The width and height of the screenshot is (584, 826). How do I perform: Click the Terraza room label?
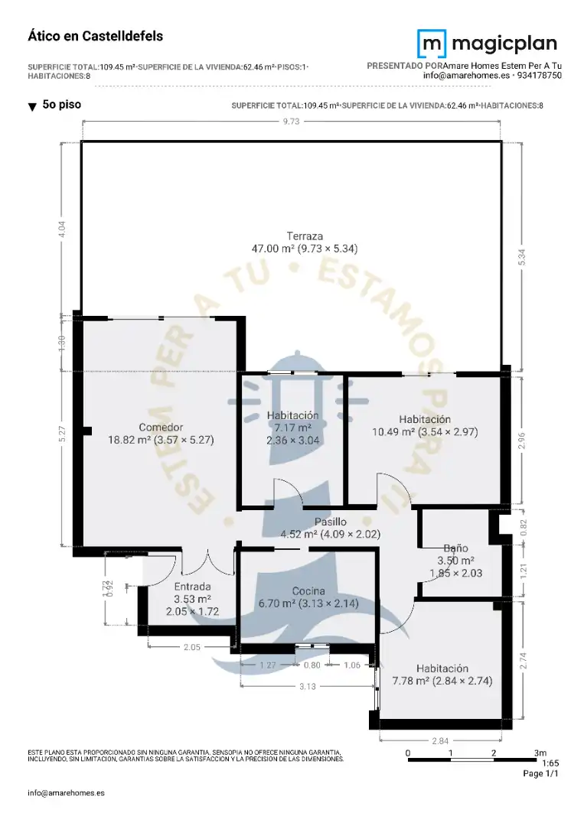click(305, 236)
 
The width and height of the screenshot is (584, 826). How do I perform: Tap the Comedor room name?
click(161, 428)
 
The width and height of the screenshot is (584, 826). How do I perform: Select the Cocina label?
click(308, 591)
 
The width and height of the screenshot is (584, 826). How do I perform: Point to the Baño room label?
click(455, 548)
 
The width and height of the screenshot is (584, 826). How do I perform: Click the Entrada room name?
click(192, 587)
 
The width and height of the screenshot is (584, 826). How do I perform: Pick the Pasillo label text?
click(331, 522)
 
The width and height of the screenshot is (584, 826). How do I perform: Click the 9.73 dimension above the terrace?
click(291, 121)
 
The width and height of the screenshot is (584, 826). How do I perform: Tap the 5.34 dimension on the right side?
click(522, 256)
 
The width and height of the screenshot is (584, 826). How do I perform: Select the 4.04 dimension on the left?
click(62, 229)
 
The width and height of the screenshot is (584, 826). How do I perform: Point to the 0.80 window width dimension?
click(312, 665)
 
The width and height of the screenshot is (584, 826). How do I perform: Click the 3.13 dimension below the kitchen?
click(307, 686)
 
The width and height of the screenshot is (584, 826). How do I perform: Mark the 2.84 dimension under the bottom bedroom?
click(440, 741)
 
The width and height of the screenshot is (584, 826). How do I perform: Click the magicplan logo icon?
click(432, 44)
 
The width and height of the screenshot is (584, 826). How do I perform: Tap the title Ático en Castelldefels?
click(96, 37)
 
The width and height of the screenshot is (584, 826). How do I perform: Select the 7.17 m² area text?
click(292, 428)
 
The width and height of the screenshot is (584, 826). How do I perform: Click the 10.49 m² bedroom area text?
click(393, 432)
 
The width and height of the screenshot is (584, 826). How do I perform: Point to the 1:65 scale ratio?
click(550, 763)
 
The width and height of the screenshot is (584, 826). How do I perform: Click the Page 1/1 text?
click(540, 773)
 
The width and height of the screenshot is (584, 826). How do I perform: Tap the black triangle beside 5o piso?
click(32, 107)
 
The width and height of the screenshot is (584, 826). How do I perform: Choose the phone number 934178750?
click(539, 75)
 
